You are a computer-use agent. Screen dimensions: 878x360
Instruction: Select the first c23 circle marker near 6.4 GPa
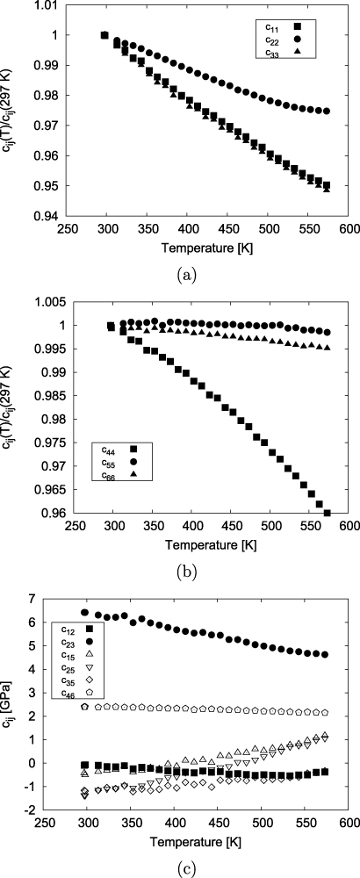(x=85, y=613)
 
